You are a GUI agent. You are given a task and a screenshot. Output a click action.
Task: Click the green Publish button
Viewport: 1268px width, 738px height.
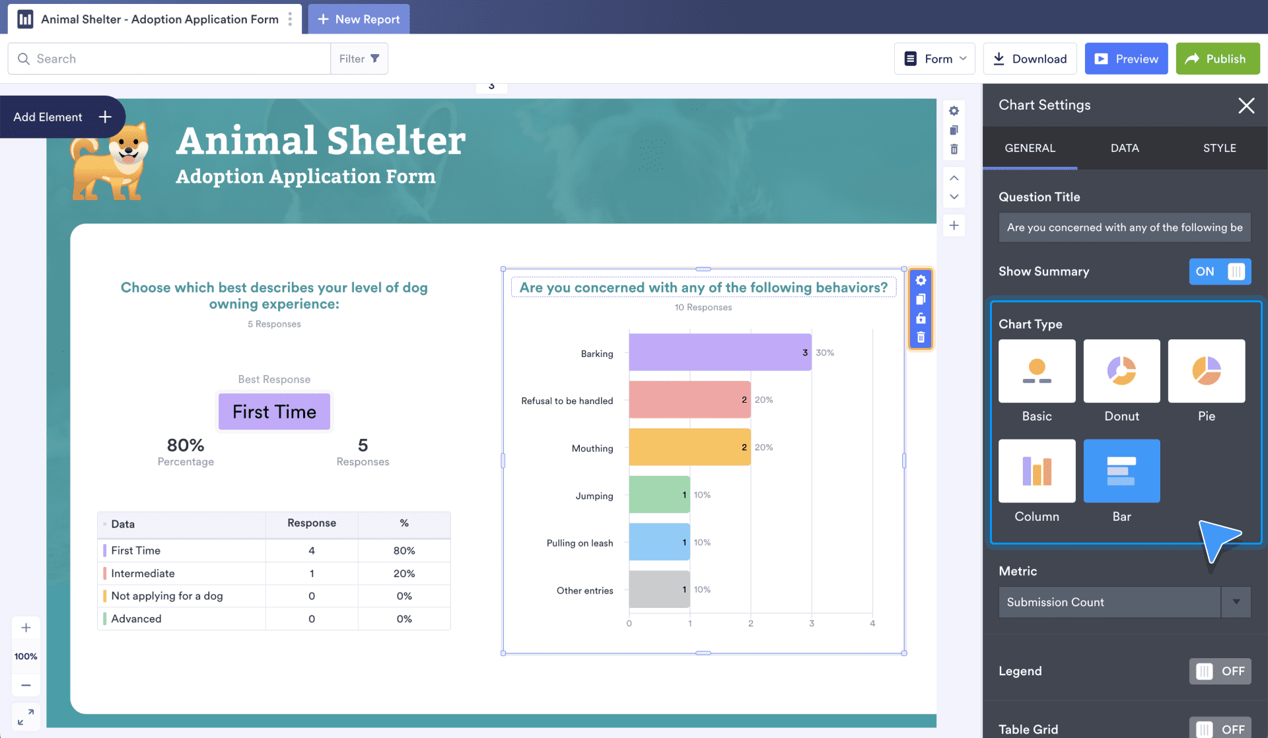pyautogui.click(x=1217, y=59)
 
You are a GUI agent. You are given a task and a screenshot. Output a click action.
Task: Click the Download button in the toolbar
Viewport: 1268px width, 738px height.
pyautogui.click(x=1030, y=59)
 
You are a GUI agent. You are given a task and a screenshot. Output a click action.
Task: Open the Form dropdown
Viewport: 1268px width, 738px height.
pyautogui.click(x=934, y=59)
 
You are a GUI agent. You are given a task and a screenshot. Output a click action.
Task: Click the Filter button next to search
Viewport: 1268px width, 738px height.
pyautogui.click(x=359, y=59)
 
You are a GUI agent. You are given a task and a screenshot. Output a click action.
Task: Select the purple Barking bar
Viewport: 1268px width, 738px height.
pyautogui.click(x=720, y=352)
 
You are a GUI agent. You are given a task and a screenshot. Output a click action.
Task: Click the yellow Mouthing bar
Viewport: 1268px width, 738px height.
pyautogui.click(x=689, y=448)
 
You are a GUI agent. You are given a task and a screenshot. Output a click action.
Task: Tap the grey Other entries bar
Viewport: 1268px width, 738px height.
pyautogui.click(x=659, y=589)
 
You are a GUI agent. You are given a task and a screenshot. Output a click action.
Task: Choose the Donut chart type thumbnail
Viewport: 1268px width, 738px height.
pyautogui.click(x=1121, y=371)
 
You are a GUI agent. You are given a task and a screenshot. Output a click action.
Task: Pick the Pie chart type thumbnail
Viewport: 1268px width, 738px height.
pyautogui.click(x=1207, y=371)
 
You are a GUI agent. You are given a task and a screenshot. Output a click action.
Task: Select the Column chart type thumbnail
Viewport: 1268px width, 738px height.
pyautogui.click(x=1037, y=471)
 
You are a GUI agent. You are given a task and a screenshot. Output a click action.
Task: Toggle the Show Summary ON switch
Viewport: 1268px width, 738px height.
pyautogui.click(x=1220, y=271)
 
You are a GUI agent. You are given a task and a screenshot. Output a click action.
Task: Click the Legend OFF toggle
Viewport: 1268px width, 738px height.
pyautogui.click(x=1220, y=671)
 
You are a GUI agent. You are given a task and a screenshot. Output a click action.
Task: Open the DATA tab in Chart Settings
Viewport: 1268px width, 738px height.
pyautogui.click(x=1125, y=148)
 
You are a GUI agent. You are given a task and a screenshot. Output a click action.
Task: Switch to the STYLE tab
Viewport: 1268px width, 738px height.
pyautogui.click(x=1219, y=148)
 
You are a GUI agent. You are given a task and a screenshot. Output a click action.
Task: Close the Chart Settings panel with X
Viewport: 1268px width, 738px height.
pyautogui.click(x=1246, y=106)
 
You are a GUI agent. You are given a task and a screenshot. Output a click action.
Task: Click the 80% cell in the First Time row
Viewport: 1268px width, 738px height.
pyautogui.click(x=404, y=551)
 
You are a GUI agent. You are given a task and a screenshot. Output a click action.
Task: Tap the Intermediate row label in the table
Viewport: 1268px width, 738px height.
pyautogui.click(x=143, y=574)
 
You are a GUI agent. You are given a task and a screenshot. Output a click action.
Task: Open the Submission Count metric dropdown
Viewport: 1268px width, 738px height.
pyautogui.click(x=1125, y=602)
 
